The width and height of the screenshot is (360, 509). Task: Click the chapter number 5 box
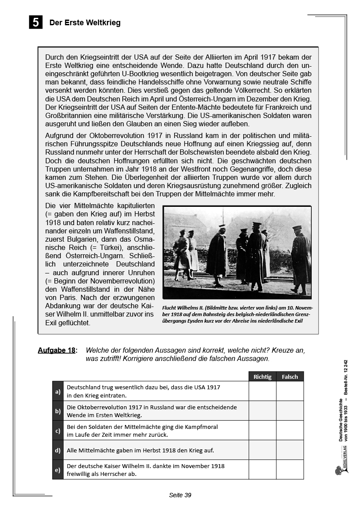(36, 22)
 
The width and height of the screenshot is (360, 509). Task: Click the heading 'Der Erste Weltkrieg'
(85, 23)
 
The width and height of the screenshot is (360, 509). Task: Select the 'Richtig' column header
(262, 377)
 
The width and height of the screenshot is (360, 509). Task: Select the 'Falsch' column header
(290, 377)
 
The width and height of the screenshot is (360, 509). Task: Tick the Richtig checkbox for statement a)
(262, 391)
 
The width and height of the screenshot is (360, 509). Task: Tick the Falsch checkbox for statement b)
(290, 411)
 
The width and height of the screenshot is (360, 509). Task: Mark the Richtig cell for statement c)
(262, 430)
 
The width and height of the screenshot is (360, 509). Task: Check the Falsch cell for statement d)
(290, 450)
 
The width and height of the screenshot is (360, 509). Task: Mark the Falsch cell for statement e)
(290, 469)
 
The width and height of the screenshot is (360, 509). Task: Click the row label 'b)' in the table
(58, 411)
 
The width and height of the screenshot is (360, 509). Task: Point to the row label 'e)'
(58, 469)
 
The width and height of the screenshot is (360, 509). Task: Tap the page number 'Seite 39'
(180, 495)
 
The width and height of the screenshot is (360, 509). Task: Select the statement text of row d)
(140, 450)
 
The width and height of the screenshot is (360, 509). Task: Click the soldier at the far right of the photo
(300, 258)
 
